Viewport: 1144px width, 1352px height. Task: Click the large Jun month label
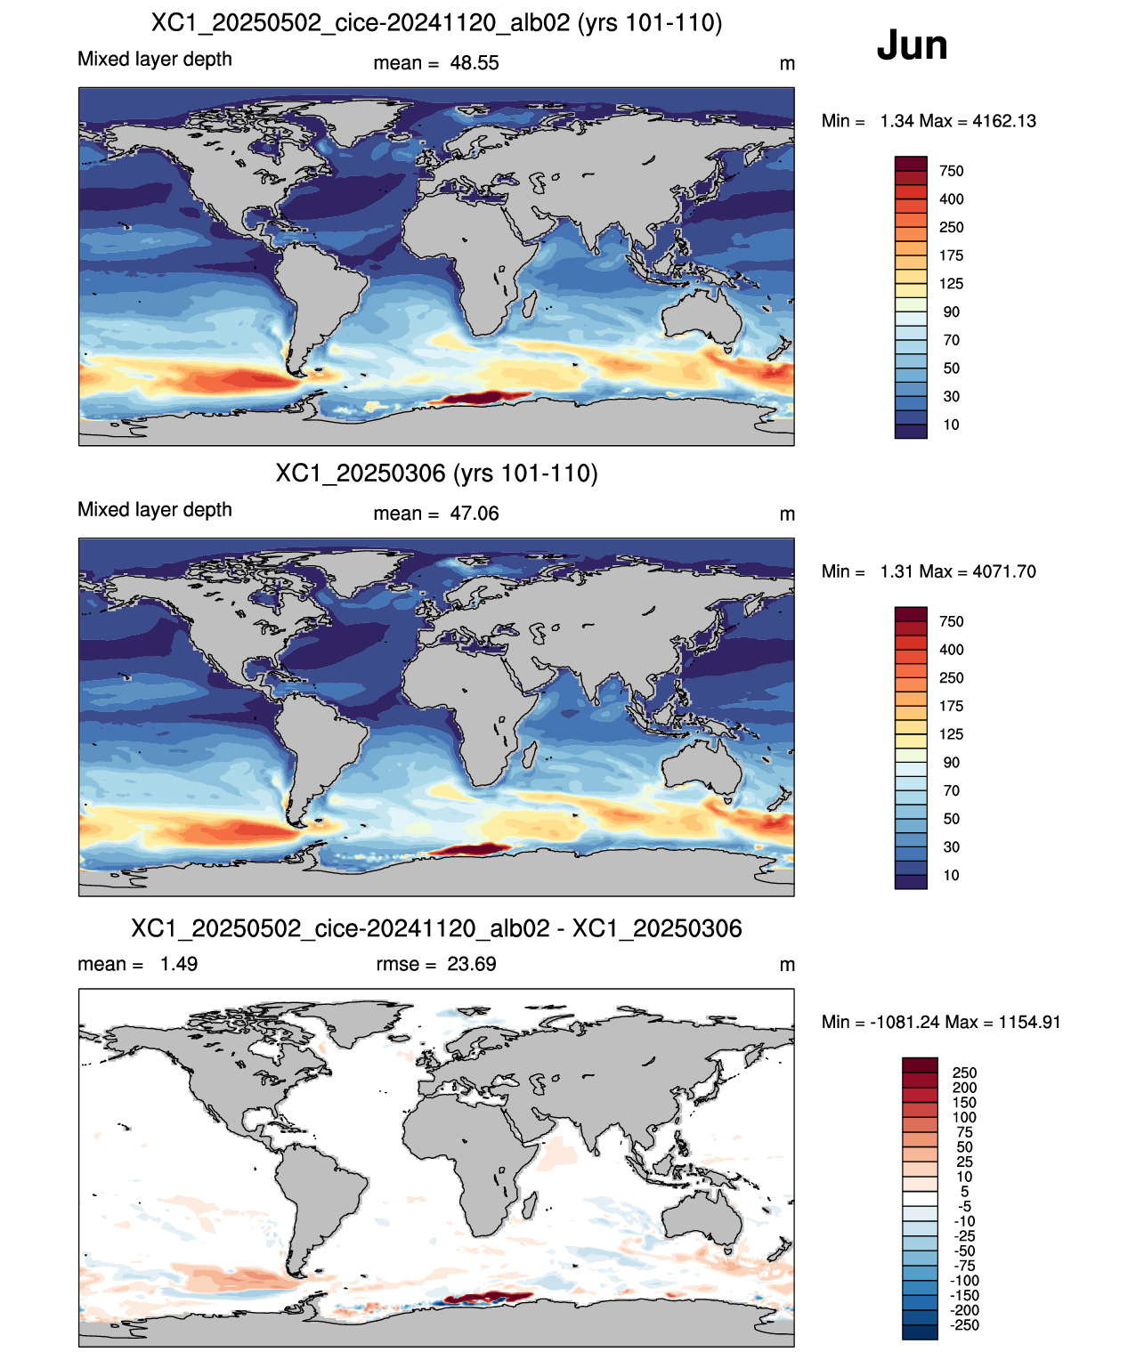[x=912, y=45]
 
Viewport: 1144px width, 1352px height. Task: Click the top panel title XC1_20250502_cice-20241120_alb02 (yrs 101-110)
[x=436, y=23]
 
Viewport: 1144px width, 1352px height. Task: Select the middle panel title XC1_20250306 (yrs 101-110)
[x=436, y=473]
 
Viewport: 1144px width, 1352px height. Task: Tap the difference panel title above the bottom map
[x=436, y=928]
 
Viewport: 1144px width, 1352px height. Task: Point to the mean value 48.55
[x=474, y=63]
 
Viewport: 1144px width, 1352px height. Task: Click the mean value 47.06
[x=474, y=514]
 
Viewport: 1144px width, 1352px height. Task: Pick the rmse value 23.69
[x=471, y=964]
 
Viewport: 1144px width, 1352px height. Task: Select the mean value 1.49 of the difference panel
[x=179, y=964]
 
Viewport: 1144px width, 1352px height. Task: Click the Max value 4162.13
[x=1004, y=121]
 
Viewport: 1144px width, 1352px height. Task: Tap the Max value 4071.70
[x=1004, y=571]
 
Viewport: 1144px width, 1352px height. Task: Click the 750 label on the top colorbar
[x=951, y=171]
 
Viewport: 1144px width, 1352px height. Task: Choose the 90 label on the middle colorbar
[x=951, y=762]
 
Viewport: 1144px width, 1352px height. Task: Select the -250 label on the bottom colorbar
[x=965, y=1325]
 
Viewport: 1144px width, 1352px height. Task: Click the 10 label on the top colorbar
[x=951, y=425]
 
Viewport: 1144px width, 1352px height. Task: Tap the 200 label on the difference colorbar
[x=964, y=1088]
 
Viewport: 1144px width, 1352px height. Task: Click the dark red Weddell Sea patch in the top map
[x=484, y=396]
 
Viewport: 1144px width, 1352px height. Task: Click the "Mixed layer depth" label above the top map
[x=154, y=59]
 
